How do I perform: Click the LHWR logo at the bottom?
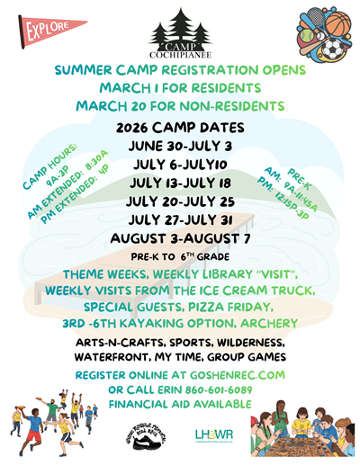[x=213, y=436]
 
